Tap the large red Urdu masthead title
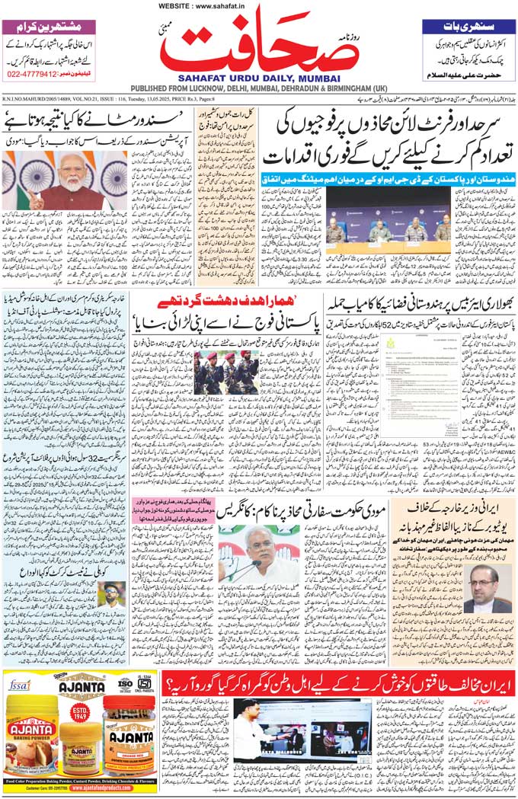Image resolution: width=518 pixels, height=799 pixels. pyautogui.click(x=260, y=46)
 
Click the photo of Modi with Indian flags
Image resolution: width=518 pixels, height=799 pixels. pyautogui.click(x=65, y=181)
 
